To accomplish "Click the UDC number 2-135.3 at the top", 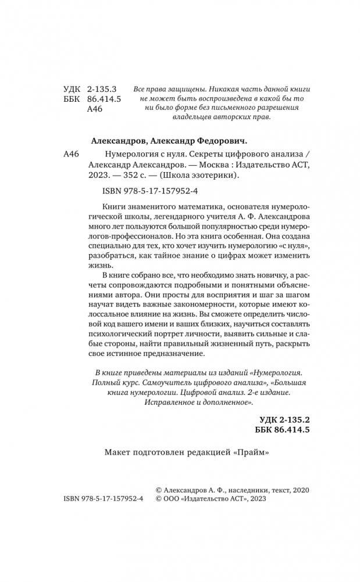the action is (102, 89).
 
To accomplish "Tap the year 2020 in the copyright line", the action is (298, 491).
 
